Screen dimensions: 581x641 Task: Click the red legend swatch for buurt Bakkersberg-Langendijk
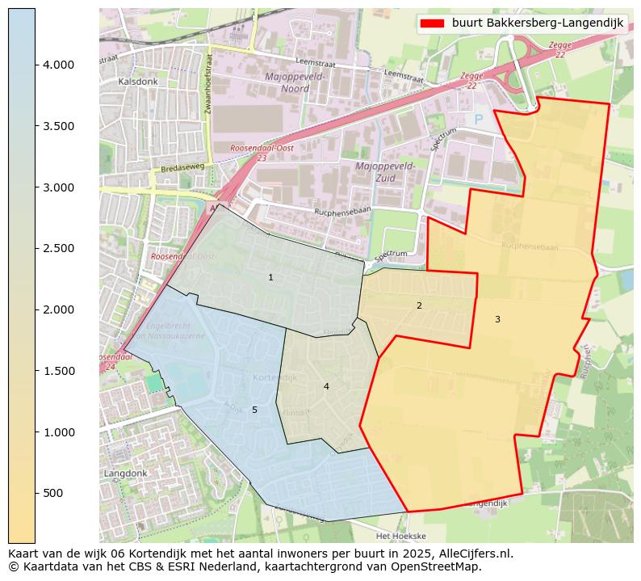coord(432,23)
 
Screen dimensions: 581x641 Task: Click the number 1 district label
coord(270,278)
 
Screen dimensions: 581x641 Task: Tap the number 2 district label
coord(419,305)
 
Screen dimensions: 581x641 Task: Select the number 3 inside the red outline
coord(497,320)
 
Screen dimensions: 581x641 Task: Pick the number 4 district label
coord(326,386)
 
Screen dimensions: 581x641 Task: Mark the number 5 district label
coord(254,410)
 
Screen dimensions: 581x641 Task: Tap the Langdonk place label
coord(124,473)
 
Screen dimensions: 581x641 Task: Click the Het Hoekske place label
coord(400,536)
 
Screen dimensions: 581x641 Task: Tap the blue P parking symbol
coord(478,119)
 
